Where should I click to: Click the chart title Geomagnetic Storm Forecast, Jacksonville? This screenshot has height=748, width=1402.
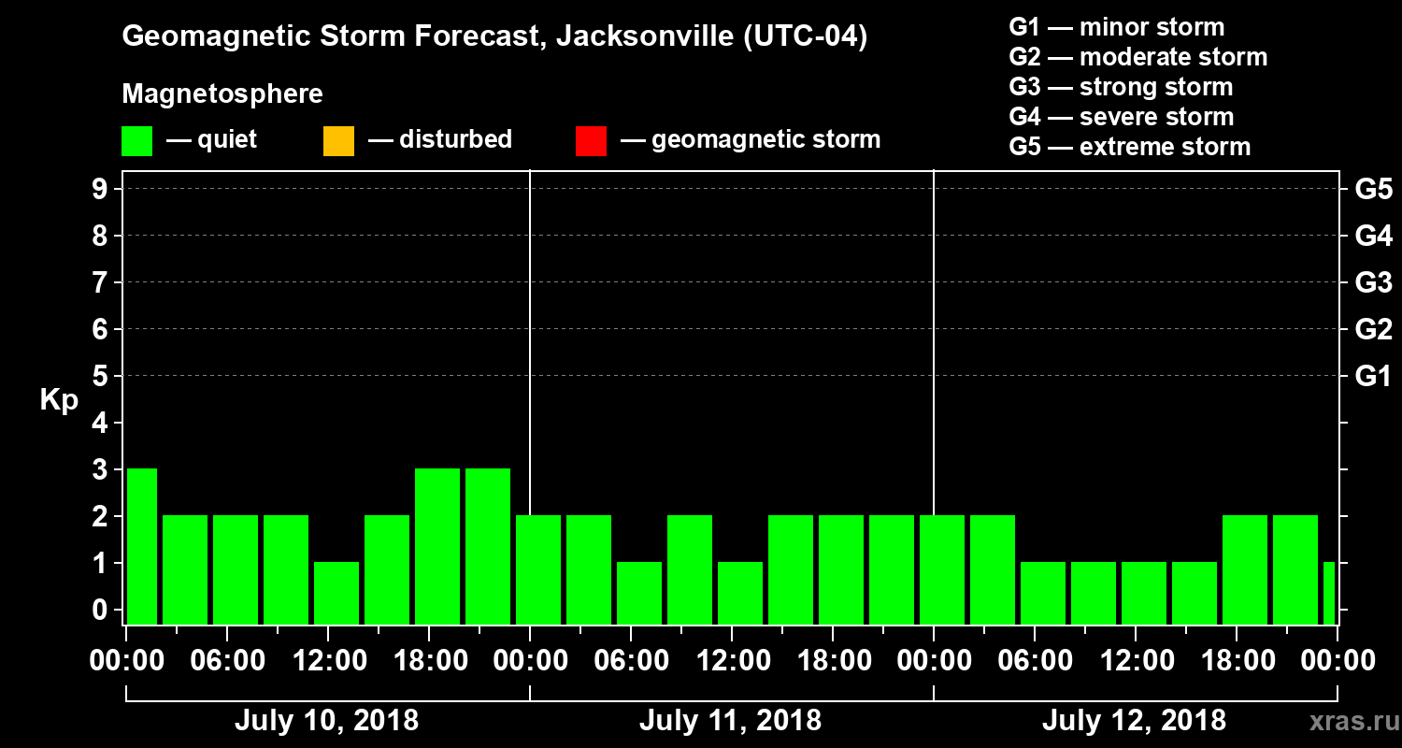click(x=494, y=37)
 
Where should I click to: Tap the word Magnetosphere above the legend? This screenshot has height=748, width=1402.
click(x=222, y=94)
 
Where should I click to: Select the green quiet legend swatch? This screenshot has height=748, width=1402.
click(x=136, y=141)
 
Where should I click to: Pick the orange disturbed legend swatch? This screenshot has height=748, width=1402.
click(x=338, y=141)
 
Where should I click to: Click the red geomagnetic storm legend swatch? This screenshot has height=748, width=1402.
click(x=591, y=141)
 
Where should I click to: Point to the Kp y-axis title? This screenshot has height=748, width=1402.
click(x=59, y=400)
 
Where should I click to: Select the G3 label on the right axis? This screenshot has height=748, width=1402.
click(x=1373, y=282)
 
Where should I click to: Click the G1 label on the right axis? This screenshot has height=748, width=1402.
click(x=1373, y=377)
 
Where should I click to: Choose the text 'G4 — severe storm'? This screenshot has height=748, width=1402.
click(x=1122, y=117)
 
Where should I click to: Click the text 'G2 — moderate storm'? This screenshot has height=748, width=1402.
click(x=1138, y=57)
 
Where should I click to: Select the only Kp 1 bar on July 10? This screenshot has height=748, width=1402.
click(x=336, y=593)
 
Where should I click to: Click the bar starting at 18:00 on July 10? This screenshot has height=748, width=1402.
click(x=437, y=546)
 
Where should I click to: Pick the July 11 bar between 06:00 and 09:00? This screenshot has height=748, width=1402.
click(x=639, y=593)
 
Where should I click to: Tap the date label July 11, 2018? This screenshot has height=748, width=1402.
click(x=730, y=721)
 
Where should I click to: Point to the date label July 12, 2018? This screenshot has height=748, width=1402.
click(x=1134, y=721)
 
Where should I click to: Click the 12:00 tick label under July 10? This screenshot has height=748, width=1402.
click(x=329, y=661)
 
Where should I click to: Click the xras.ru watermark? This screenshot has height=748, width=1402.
click(x=1348, y=721)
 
